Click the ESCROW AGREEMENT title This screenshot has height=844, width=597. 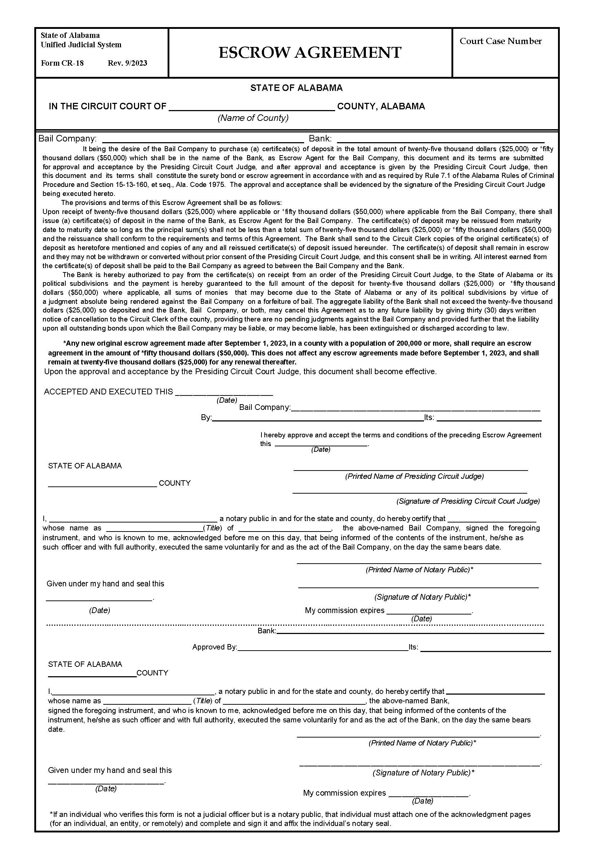tap(310, 53)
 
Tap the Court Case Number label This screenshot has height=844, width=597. tap(500, 41)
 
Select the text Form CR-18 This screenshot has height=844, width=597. tap(62, 63)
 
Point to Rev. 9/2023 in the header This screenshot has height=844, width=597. tap(127, 63)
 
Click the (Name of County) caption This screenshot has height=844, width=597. tap(253, 118)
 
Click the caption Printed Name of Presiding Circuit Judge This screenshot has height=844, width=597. tap(414, 476)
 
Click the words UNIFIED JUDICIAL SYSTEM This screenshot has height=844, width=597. tap(81, 45)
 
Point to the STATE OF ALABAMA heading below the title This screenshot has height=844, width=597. tap(296, 88)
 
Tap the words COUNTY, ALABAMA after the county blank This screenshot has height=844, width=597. tap(381, 106)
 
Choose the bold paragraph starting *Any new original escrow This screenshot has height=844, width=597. tap(293, 353)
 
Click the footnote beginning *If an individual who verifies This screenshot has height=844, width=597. tap(291, 819)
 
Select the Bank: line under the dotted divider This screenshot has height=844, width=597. tap(410, 631)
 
